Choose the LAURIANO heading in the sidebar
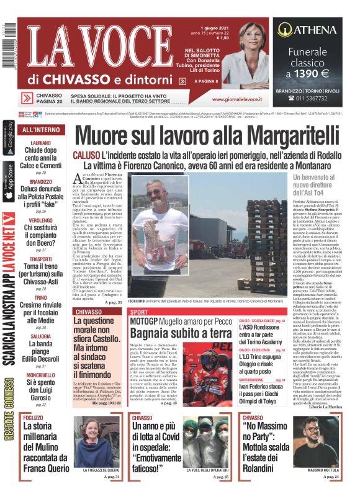[x=40, y=143]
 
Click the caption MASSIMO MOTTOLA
[x=323, y=470]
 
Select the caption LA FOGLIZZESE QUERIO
[x=101, y=471]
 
